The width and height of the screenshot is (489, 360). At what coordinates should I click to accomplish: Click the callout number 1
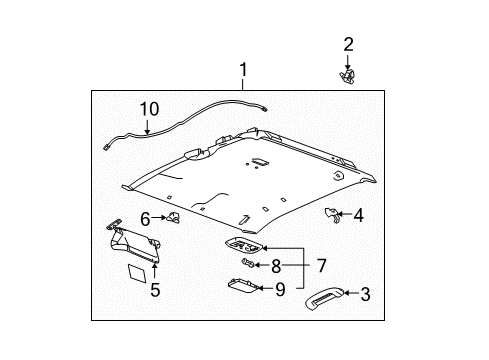point(244,70)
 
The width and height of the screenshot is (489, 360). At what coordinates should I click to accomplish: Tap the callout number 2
point(348,44)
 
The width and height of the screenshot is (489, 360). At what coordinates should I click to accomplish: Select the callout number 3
point(366,294)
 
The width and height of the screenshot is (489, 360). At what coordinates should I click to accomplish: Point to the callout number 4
point(358,215)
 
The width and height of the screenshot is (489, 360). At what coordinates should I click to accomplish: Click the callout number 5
point(155,289)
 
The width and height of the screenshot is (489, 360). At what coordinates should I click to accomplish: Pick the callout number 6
point(145,219)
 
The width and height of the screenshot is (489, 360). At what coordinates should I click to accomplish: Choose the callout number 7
point(321,266)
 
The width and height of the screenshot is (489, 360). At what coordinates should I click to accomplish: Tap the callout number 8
point(276,266)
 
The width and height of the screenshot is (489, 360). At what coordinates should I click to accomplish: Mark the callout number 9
point(280,289)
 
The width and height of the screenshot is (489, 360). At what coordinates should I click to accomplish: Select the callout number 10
point(149,109)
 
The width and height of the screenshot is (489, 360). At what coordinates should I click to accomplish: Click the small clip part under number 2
point(347,77)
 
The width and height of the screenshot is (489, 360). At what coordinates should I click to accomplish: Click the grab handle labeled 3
point(324,299)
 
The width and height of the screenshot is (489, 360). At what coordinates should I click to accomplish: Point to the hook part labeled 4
point(332,215)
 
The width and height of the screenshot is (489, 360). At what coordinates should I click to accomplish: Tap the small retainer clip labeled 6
point(173,217)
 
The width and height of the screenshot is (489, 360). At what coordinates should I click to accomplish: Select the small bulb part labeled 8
point(248,263)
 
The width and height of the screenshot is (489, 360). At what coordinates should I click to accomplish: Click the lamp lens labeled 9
point(244,286)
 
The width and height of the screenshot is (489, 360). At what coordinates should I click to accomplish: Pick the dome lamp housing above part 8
point(245,245)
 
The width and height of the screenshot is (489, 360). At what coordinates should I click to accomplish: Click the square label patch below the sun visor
point(137,273)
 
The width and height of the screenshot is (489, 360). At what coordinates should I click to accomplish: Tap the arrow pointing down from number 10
point(147,127)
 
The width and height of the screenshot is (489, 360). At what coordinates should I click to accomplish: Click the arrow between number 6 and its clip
point(159,218)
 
